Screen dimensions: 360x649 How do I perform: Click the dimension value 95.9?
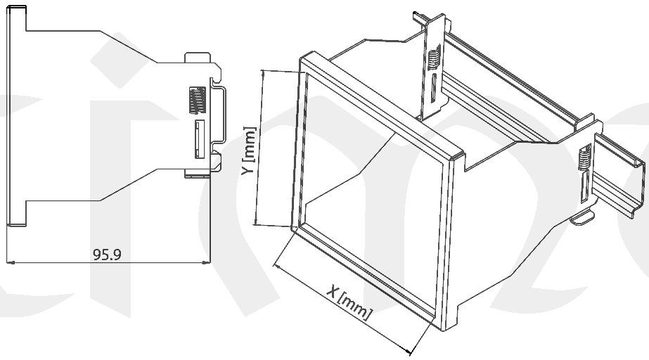tap(107, 255)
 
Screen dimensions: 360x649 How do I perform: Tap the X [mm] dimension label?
tap(347, 302)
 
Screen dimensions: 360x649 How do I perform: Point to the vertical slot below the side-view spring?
tap(198, 139)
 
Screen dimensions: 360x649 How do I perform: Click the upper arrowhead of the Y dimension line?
tap(262, 73)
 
